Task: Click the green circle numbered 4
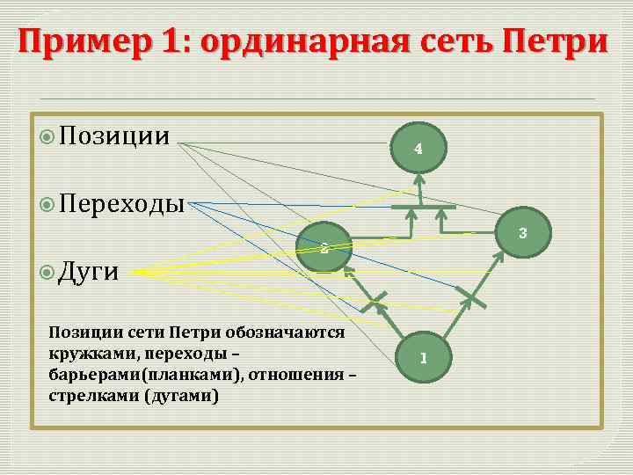(418, 149)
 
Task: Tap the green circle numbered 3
(521, 233)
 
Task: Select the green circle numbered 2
(324, 249)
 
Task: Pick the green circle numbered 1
(423, 358)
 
